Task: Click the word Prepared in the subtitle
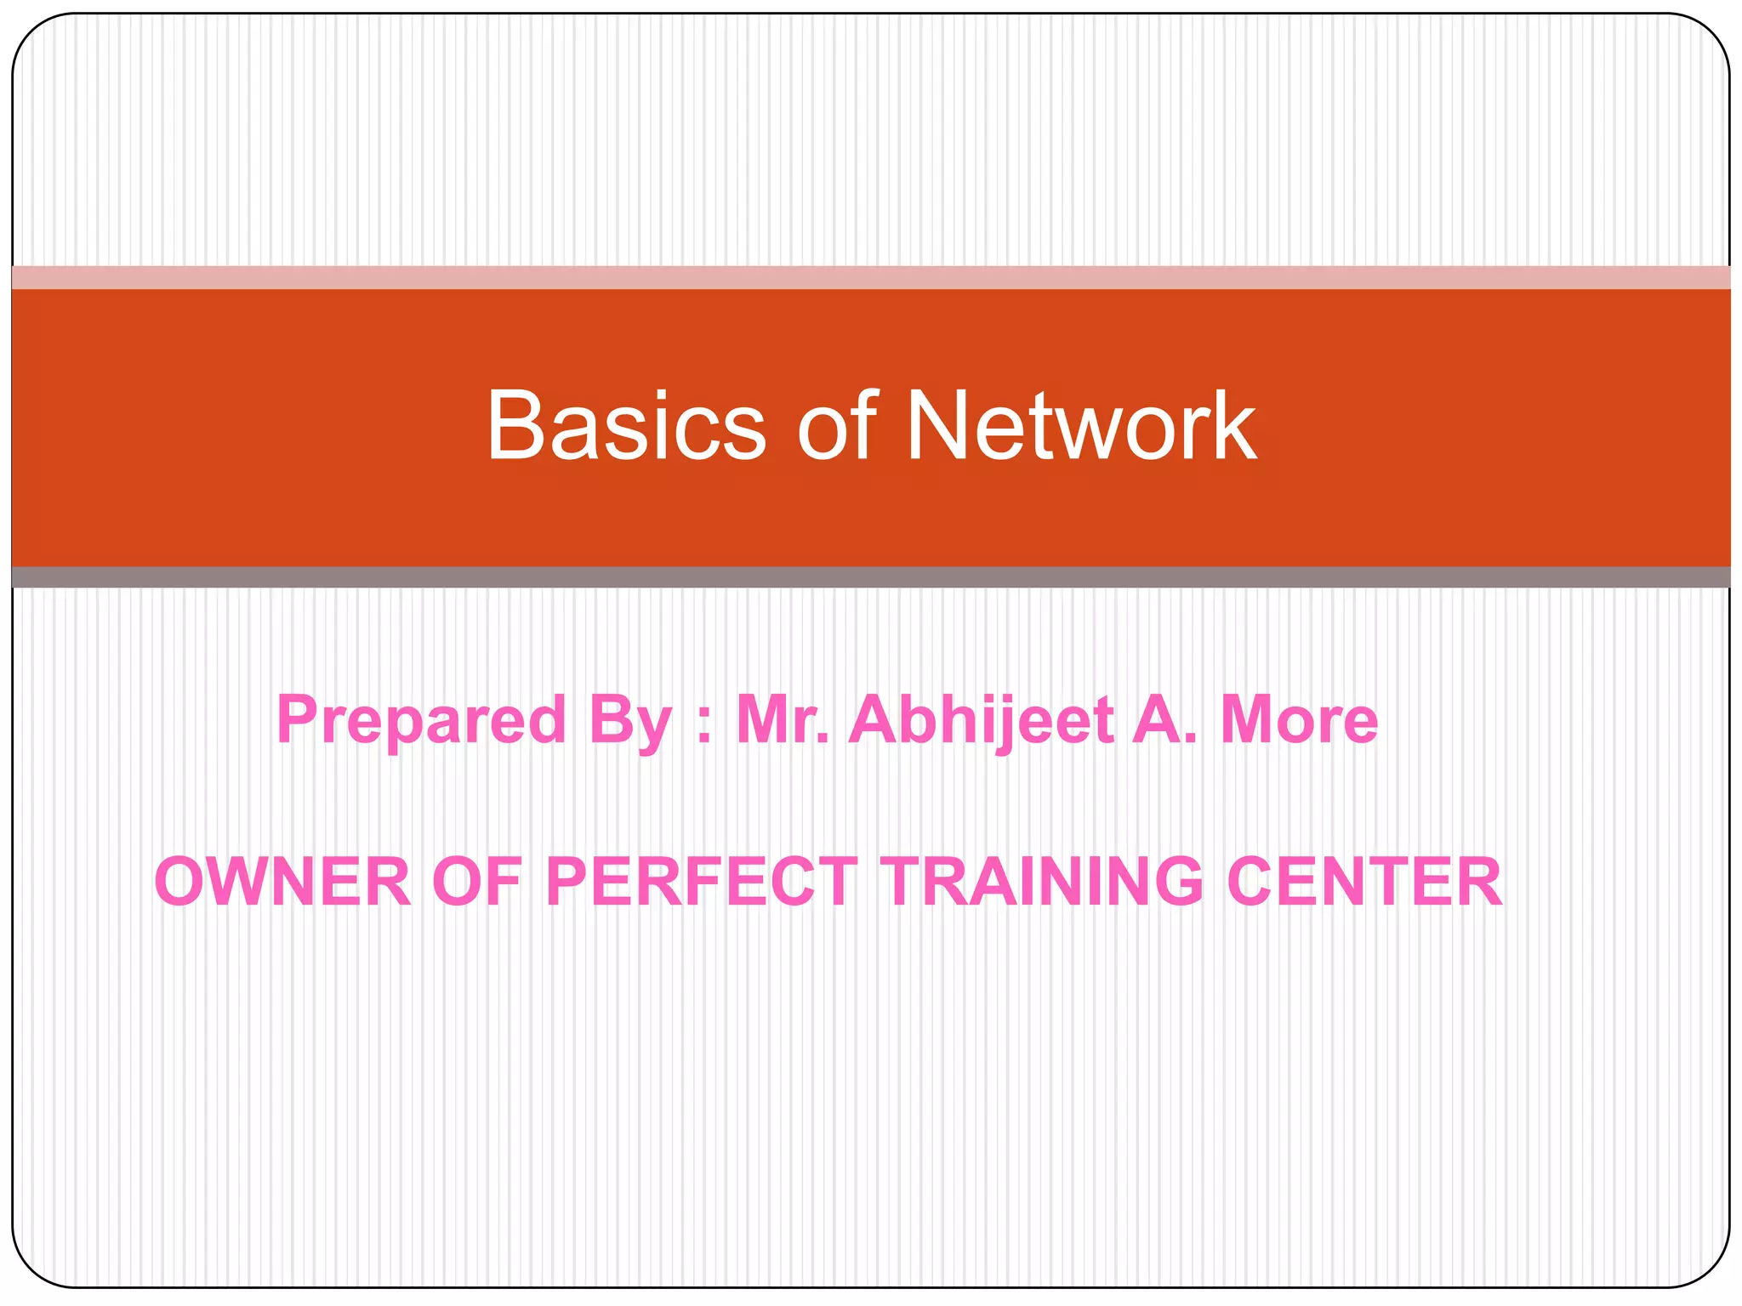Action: (421, 721)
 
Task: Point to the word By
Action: (630, 721)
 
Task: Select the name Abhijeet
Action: (982, 721)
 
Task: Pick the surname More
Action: (1299, 719)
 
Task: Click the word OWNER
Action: (282, 882)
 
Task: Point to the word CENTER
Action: (1364, 882)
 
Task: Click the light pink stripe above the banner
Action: (871, 277)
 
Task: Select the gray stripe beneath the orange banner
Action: (871, 577)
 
